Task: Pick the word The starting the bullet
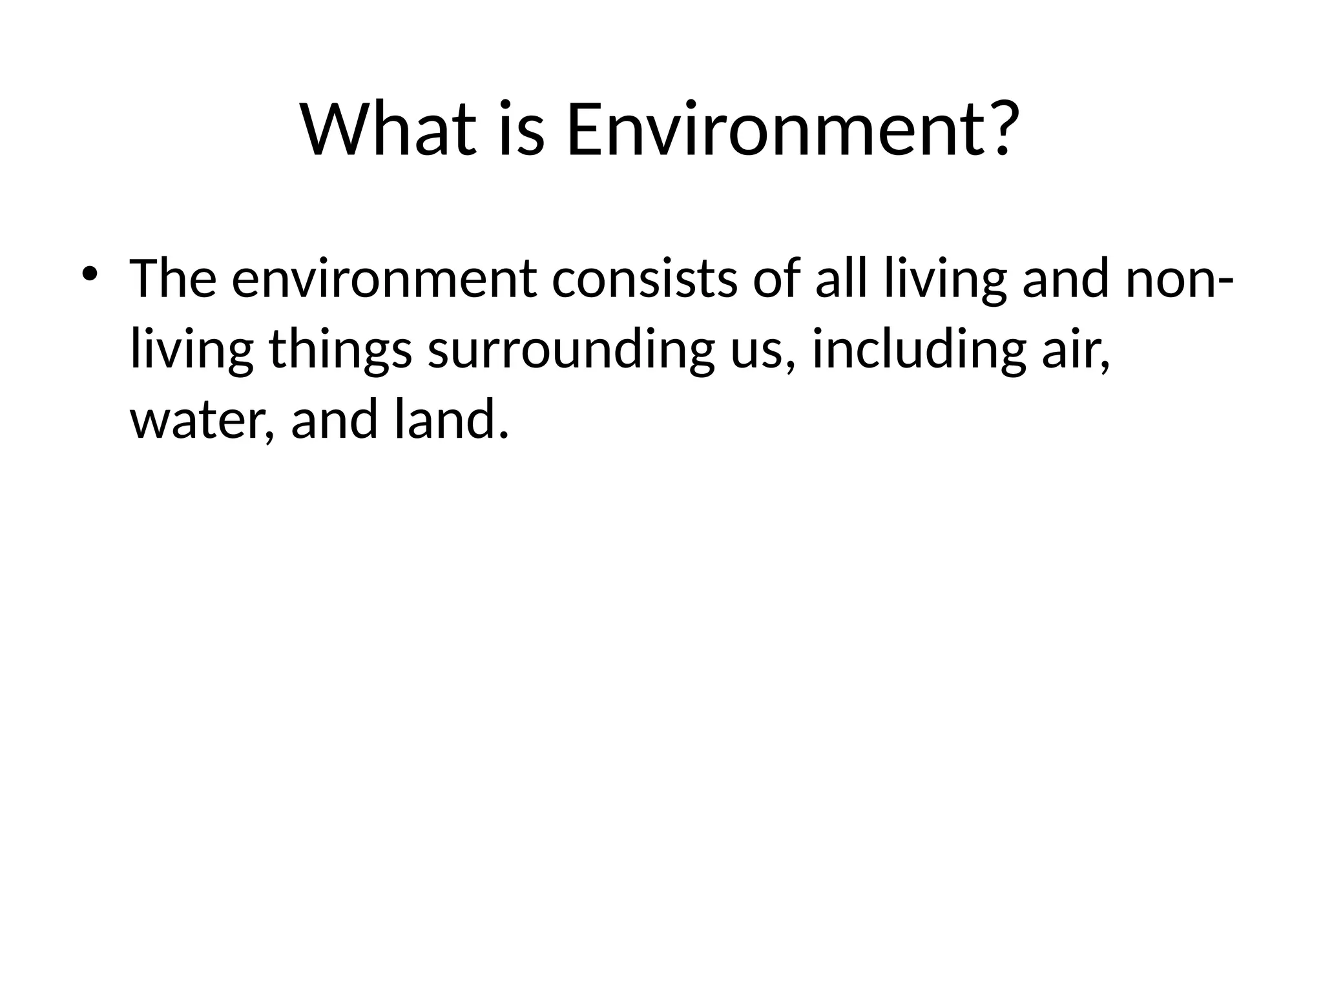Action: pos(173,279)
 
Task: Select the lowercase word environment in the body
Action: pos(384,279)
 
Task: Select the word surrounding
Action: pos(571,350)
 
